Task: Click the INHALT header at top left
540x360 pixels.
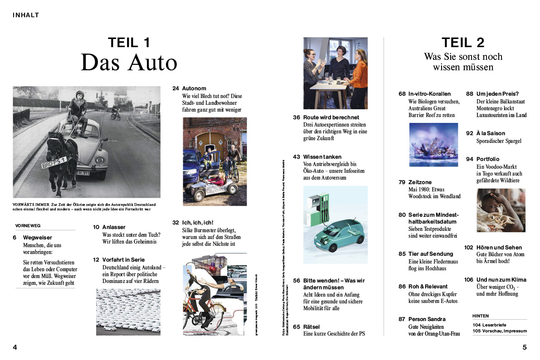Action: click(x=26, y=15)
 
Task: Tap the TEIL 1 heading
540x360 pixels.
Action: click(x=129, y=43)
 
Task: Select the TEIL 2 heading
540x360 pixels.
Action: click(x=463, y=43)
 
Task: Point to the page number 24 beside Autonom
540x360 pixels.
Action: click(x=175, y=88)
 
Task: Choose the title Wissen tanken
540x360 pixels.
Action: click(x=322, y=157)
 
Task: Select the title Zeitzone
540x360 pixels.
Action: click(x=420, y=182)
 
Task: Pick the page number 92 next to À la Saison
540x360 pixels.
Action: click(x=469, y=134)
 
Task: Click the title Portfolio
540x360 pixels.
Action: click(x=488, y=159)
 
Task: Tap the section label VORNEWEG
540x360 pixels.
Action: click(x=28, y=225)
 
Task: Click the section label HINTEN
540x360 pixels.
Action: click(x=481, y=316)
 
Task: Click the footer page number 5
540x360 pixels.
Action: click(x=525, y=348)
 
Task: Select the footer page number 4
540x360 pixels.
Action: click(x=15, y=348)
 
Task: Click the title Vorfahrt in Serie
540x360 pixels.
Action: click(x=124, y=260)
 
